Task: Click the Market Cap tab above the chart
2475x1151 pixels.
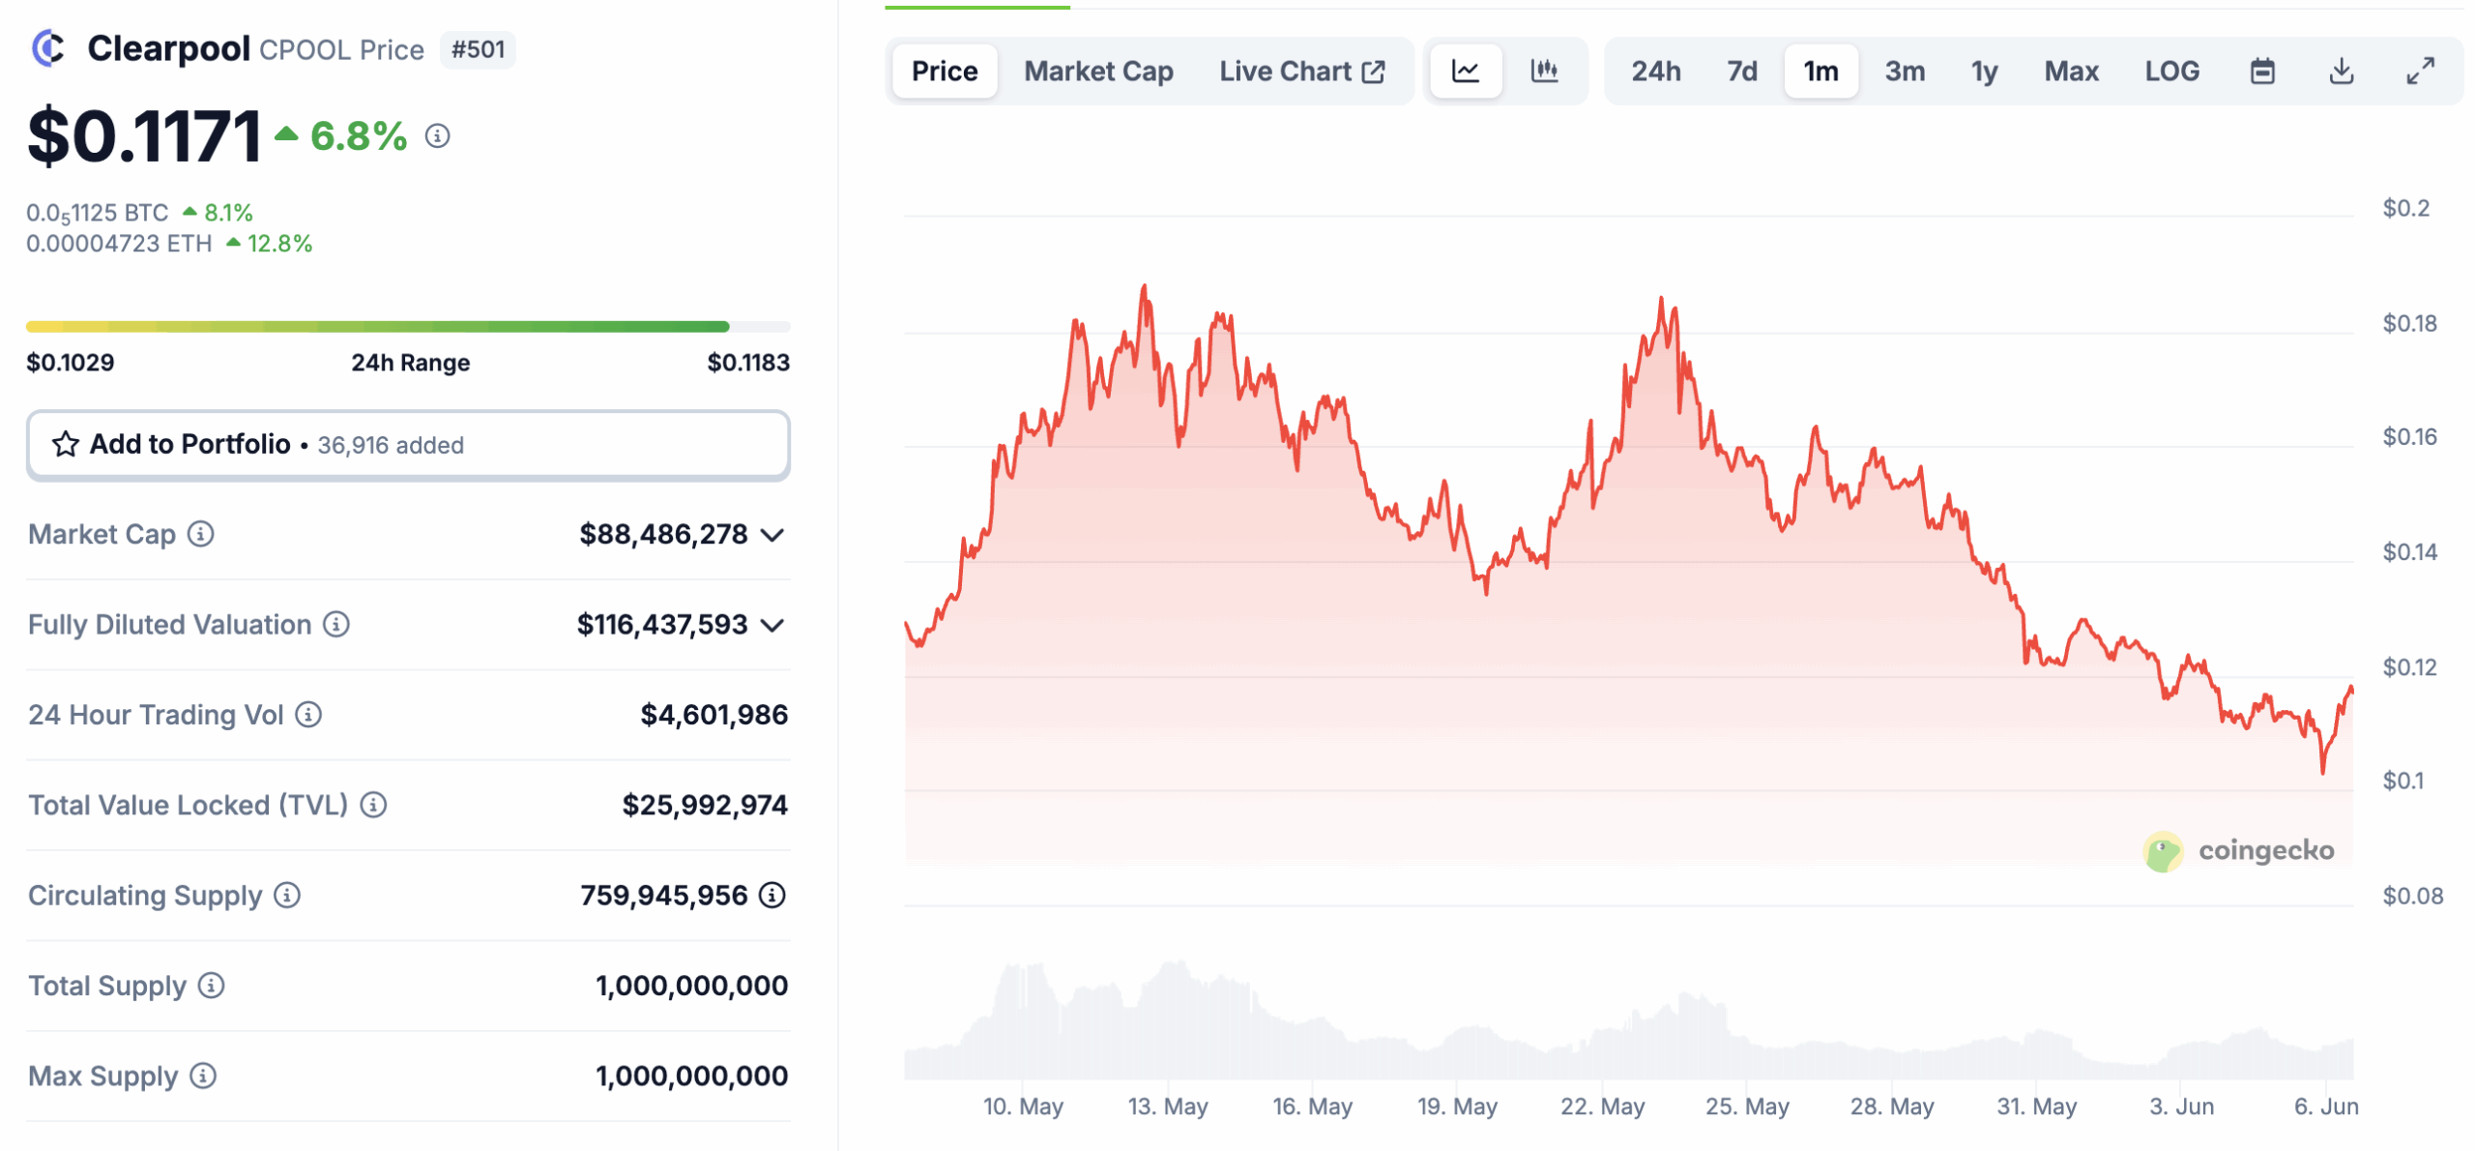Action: tap(1097, 72)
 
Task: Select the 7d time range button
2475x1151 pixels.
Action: tap(1741, 72)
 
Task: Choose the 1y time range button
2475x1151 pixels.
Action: tap(1983, 72)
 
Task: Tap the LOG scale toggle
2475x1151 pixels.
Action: tap(2170, 72)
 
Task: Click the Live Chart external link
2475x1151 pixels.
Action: tap(1301, 72)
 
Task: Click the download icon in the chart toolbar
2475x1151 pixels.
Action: tap(2340, 72)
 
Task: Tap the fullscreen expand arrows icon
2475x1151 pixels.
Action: tap(2419, 72)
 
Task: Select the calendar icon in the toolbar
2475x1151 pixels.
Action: tap(2261, 72)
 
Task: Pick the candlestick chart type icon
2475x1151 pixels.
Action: tap(1543, 72)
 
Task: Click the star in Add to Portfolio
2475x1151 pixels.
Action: tap(65, 444)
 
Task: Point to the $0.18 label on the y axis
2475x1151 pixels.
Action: tap(2408, 323)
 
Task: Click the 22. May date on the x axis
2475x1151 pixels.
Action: tap(1601, 1106)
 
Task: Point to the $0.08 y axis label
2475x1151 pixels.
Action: tap(2411, 896)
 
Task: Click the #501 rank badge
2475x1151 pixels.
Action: tap(478, 49)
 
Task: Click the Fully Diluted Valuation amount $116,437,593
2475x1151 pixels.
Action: tap(661, 625)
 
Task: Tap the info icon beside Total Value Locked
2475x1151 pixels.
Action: tap(373, 805)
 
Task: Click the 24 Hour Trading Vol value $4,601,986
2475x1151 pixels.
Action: tap(713, 715)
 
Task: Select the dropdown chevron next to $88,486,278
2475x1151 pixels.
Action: tap(772, 535)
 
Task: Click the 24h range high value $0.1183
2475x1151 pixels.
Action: tap(747, 363)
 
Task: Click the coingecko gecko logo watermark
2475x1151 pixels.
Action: tap(2162, 851)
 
